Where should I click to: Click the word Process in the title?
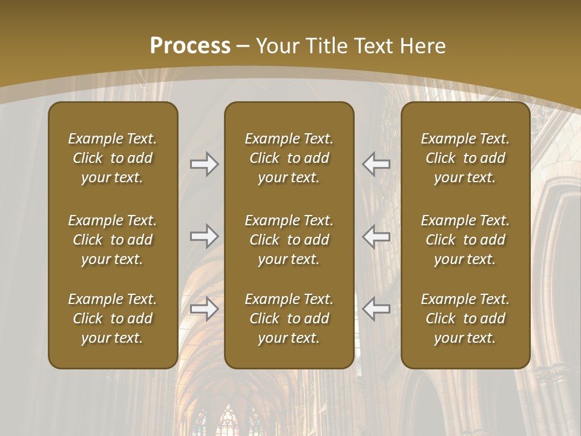point(190,45)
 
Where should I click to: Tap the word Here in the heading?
point(423,45)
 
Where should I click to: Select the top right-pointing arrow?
point(204,164)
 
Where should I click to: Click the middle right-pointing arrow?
point(204,236)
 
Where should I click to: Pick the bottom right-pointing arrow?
point(204,308)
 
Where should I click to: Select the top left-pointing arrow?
point(376,164)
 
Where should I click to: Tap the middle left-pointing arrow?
point(376,236)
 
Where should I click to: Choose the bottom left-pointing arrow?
point(376,308)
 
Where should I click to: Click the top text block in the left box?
point(113,158)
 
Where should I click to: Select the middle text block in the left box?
point(113,240)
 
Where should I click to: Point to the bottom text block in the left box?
point(113,319)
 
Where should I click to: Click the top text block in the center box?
point(289,158)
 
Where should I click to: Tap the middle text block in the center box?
point(289,240)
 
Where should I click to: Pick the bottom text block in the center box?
point(289,319)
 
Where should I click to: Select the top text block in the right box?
point(465,158)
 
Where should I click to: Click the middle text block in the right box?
point(465,240)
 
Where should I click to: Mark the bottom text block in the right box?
point(465,319)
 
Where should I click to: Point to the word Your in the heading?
point(276,45)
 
